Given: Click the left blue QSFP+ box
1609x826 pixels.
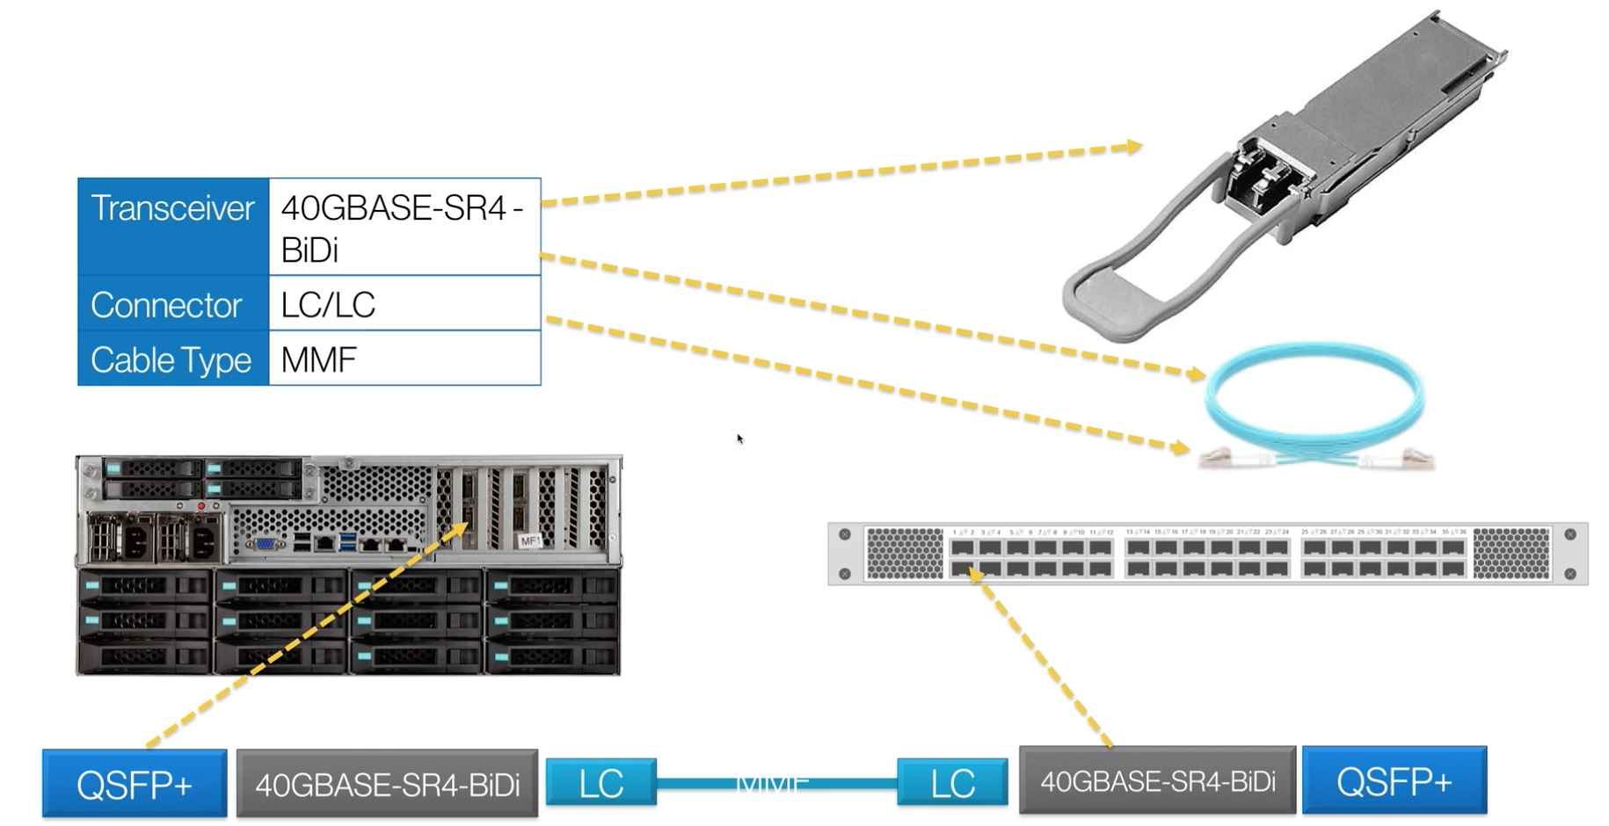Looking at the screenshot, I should (x=135, y=784).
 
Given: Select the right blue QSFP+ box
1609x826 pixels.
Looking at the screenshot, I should (x=1394, y=780).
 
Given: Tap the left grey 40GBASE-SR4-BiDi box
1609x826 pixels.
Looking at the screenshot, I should (x=387, y=784).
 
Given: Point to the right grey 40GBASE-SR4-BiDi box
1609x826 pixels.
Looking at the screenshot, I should (x=1157, y=780).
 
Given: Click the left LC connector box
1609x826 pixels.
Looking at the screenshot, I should (x=601, y=782).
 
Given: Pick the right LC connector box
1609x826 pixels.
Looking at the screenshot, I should (x=952, y=782).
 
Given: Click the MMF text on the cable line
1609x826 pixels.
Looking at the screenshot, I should (x=772, y=782).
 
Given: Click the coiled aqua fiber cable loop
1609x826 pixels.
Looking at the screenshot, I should (x=1314, y=395).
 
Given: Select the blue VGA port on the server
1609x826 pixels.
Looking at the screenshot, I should (x=264, y=544).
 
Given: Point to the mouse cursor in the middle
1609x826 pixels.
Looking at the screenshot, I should (x=739, y=438).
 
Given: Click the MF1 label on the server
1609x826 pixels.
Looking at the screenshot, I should (x=529, y=540).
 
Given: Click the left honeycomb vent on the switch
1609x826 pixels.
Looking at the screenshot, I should (x=904, y=553).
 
